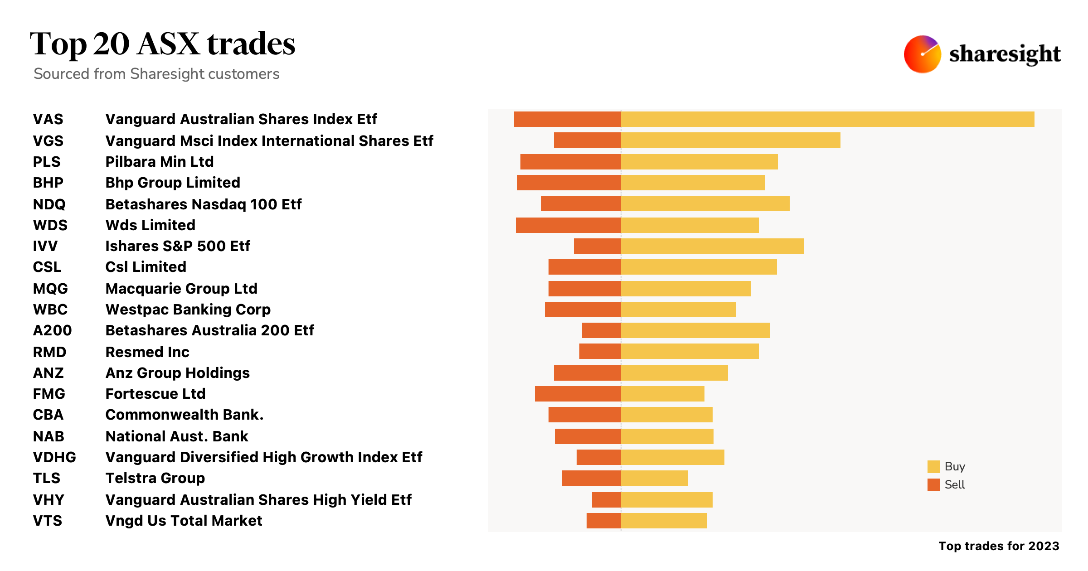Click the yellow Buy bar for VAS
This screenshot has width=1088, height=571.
coord(827,119)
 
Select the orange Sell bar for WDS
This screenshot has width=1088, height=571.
coord(568,225)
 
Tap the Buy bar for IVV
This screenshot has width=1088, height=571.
coord(712,246)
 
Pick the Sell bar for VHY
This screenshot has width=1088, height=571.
coord(606,500)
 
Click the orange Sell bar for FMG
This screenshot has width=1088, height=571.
coord(578,394)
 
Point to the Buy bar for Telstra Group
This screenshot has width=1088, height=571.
coord(654,478)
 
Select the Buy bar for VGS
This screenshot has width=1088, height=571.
coord(730,140)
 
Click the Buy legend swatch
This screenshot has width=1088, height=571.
coord(933,467)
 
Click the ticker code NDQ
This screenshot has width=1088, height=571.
coord(49,204)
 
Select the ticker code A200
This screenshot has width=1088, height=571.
coord(52,330)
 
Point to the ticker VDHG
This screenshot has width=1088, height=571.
coord(54,457)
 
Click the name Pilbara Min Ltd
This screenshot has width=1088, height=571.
coord(159,162)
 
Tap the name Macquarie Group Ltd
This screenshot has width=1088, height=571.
coord(181,289)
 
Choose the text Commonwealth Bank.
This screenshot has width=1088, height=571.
coord(184,415)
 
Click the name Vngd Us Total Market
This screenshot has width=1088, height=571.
coord(184,521)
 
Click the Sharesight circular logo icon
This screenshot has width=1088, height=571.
coord(922,54)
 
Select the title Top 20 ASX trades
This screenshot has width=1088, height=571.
coord(162,44)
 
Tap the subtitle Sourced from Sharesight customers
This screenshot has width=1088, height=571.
coord(156,74)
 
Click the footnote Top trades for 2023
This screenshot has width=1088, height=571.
coord(999,546)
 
